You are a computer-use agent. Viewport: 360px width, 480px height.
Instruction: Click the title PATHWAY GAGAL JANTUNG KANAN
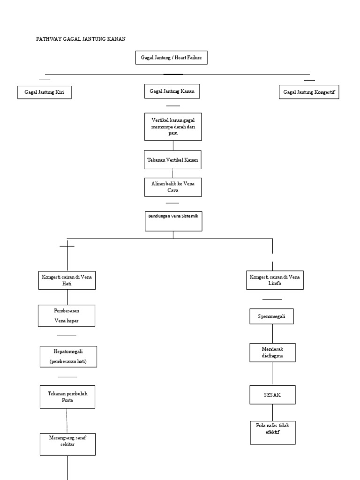[x=81, y=38]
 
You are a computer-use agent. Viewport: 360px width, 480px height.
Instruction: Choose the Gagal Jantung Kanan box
[x=172, y=91]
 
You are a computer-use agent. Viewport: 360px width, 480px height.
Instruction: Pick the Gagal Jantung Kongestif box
[x=308, y=92]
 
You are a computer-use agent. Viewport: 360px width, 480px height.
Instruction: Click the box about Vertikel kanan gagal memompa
[x=173, y=127]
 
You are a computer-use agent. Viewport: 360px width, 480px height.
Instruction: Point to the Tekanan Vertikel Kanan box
[x=172, y=160]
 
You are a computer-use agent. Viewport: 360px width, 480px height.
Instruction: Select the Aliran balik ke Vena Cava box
[x=173, y=187]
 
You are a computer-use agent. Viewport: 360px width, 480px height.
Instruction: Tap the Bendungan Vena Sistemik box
[x=173, y=221]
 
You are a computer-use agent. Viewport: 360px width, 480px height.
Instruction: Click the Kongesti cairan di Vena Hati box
[x=67, y=280]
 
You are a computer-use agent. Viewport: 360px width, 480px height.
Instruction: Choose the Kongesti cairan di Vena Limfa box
[x=275, y=280]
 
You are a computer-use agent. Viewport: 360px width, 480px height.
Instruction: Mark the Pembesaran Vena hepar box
[x=67, y=315]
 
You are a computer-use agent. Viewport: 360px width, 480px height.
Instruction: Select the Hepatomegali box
[x=68, y=356]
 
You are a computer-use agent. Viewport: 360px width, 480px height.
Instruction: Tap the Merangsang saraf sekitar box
[x=68, y=444]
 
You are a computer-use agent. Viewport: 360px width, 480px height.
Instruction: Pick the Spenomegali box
[x=272, y=317]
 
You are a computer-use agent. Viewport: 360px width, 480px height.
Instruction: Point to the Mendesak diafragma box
[x=272, y=352]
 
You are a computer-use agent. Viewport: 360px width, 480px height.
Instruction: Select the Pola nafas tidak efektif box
[x=272, y=432]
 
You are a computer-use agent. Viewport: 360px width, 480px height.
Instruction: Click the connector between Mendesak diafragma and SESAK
[x=272, y=374]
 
